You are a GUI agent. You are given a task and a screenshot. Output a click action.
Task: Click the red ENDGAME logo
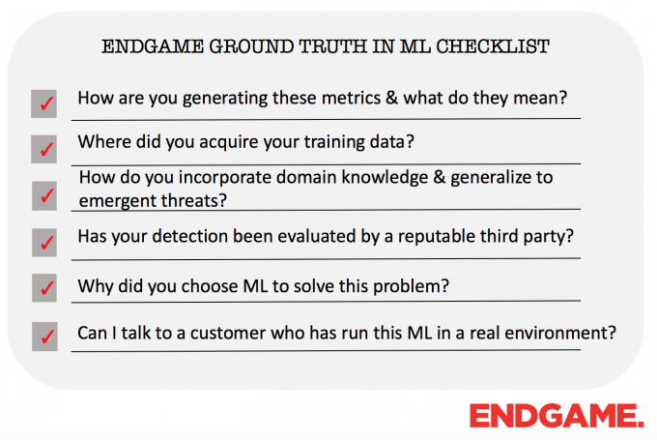(557, 416)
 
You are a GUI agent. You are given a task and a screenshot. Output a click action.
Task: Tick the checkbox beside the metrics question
(44, 103)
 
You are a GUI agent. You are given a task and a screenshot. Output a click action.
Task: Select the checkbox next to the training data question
(44, 149)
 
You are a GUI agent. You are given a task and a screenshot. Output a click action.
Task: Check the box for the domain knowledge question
(44, 195)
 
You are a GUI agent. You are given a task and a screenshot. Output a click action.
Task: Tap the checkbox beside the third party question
(44, 243)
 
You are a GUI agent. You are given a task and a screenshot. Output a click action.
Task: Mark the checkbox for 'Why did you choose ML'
(44, 288)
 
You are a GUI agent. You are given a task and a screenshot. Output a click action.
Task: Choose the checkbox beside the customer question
(44, 337)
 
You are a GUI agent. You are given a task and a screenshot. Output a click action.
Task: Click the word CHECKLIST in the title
(493, 46)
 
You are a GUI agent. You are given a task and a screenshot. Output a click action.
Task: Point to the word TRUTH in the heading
(332, 46)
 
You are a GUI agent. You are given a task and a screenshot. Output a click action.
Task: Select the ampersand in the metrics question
(392, 98)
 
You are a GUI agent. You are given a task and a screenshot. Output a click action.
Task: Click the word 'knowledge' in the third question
(386, 178)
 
